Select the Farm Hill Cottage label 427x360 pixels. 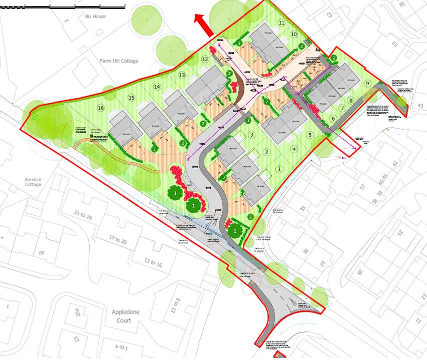click(118, 61)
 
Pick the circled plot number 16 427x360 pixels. click(101, 108)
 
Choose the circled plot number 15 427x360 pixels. click(132, 97)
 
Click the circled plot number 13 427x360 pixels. click(182, 75)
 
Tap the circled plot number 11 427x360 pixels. click(281, 23)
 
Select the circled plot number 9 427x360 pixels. click(367, 84)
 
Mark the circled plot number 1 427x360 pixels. click(279, 169)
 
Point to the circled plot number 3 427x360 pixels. click(252, 135)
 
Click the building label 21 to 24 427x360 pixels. click(83, 216)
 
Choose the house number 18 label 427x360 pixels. click(41, 253)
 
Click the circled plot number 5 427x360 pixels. click(310, 135)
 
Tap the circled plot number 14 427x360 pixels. click(157, 87)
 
